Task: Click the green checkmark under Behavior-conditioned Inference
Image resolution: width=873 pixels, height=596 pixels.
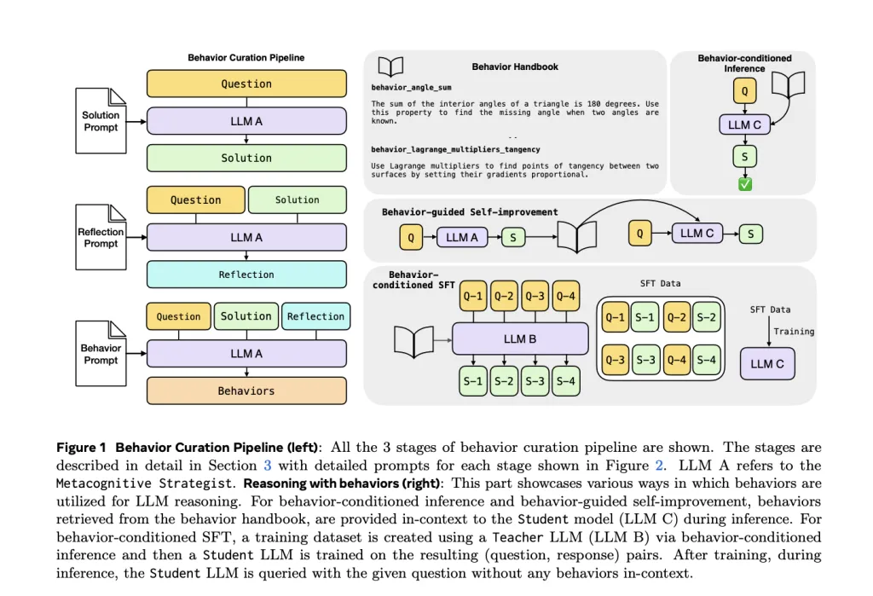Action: point(745,184)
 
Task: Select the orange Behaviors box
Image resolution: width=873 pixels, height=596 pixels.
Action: point(246,391)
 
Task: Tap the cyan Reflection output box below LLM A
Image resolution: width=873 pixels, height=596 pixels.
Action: point(246,274)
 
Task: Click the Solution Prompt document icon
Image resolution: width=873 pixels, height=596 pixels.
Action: point(101,121)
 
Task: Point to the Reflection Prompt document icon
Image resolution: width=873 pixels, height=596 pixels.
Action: point(101,237)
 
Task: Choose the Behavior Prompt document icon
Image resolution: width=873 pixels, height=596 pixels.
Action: point(101,354)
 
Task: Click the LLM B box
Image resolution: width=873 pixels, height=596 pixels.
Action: point(520,339)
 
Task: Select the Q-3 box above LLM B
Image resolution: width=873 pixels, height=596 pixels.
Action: point(535,296)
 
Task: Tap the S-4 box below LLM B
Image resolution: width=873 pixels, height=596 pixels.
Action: point(566,381)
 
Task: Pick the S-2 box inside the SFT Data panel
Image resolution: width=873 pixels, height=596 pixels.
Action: point(707,317)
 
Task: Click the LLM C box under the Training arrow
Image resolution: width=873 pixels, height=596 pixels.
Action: point(767,364)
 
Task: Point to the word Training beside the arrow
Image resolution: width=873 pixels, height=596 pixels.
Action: point(794,332)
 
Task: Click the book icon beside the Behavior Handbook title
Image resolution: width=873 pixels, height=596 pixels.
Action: point(390,67)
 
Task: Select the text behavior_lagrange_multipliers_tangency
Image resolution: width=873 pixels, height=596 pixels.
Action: point(455,149)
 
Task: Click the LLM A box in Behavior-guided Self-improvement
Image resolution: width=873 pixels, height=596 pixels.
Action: point(462,237)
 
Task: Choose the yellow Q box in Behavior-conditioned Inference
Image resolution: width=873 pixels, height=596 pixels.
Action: point(745,90)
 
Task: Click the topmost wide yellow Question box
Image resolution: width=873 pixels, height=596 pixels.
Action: point(246,84)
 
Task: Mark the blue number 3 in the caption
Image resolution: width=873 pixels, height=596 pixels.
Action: point(267,465)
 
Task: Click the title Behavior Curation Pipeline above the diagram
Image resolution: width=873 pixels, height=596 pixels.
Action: point(246,57)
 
